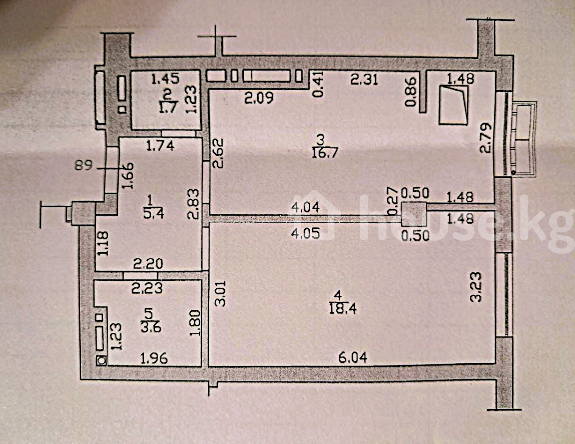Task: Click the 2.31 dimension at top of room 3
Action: pos(364,79)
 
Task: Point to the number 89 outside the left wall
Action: pos(83,166)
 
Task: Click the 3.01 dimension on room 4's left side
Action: pos(220,292)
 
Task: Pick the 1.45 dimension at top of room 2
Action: pos(165,78)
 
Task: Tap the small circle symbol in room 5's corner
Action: pos(102,360)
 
